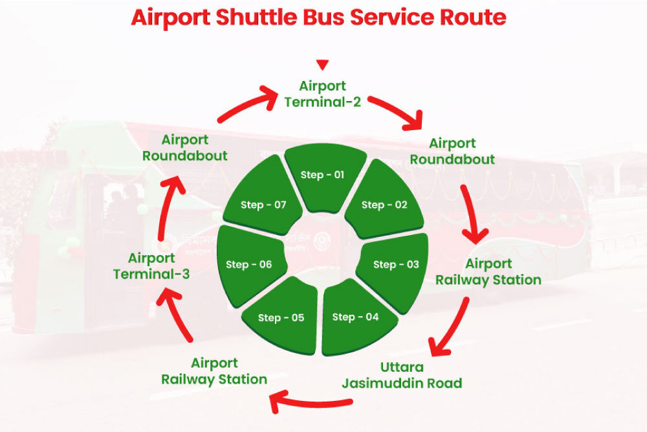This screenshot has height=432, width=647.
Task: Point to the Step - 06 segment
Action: click(x=249, y=264)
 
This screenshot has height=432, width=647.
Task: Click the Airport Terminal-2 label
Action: click(x=323, y=94)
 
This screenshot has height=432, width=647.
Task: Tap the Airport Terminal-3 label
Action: click(x=151, y=266)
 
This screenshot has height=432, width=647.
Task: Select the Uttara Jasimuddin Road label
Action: click(x=402, y=375)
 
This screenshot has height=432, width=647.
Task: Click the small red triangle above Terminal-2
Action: click(x=323, y=65)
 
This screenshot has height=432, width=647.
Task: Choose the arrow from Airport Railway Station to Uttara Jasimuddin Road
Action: click(x=452, y=326)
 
